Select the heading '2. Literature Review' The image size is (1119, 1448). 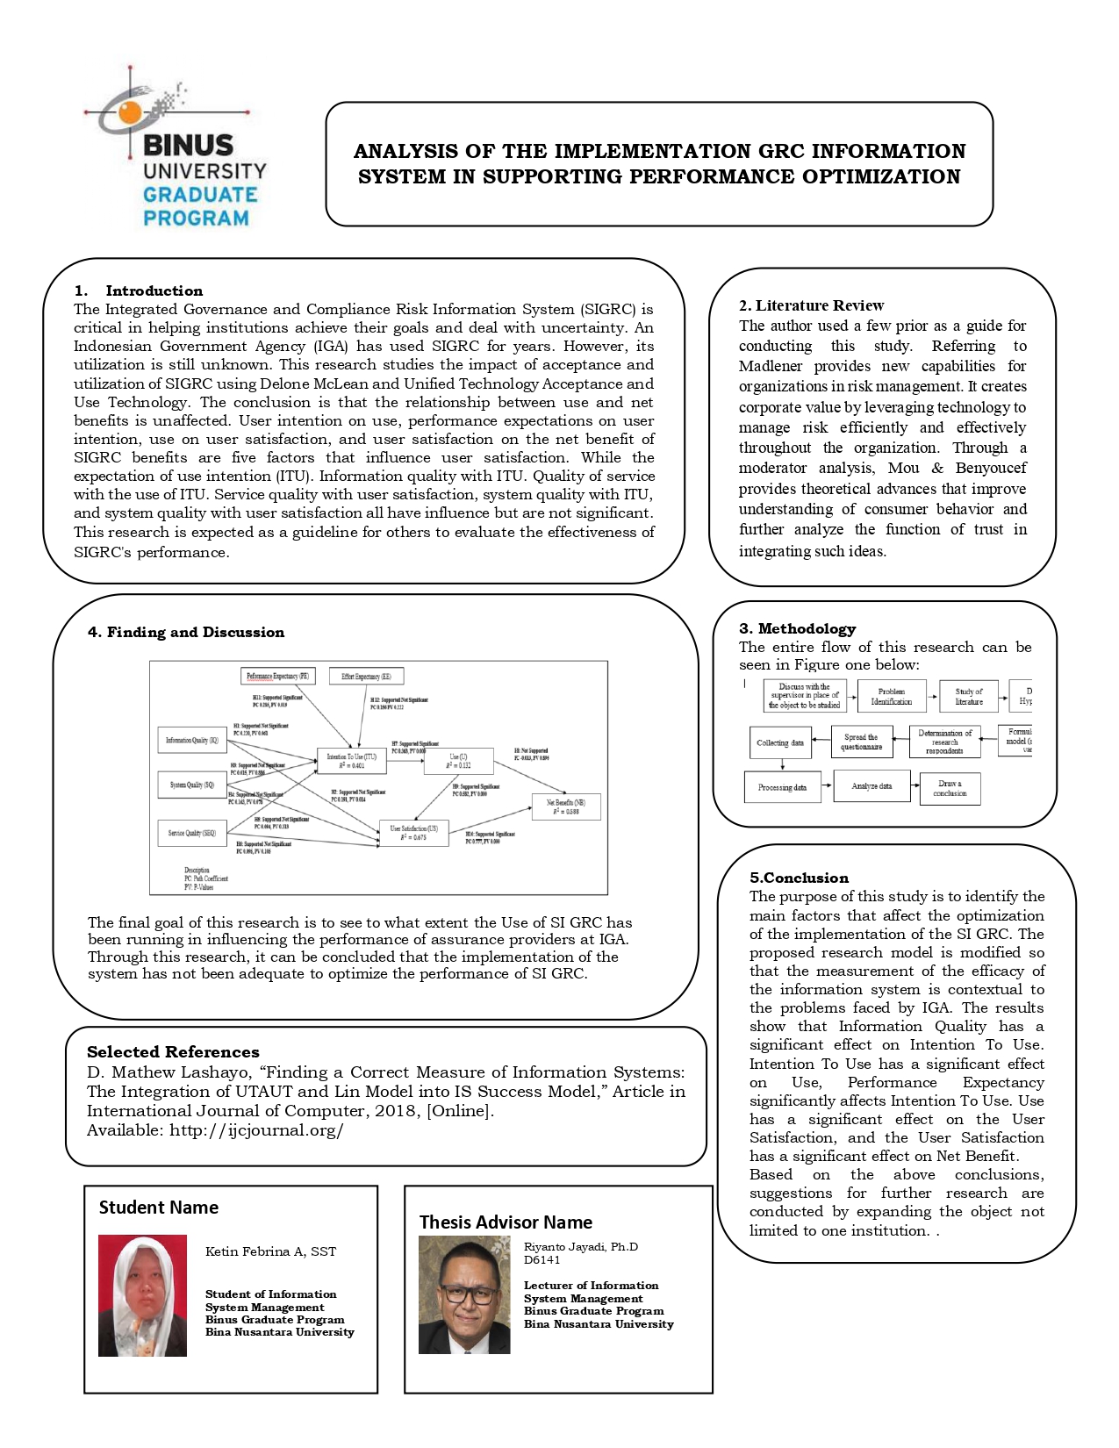pyautogui.click(x=811, y=305)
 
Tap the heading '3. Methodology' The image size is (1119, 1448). pyautogui.click(x=797, y=628)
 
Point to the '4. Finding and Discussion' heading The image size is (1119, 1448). pyautogui.click(x=186, y=632)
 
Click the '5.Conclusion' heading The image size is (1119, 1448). pyautogui.click(x=799, y=878)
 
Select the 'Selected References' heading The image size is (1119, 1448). pyautogui.click(x=173, y=1051)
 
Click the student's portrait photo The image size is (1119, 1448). pyautogui.click(x=142, y=1295)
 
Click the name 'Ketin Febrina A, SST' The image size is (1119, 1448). pyautogui.click(x=270, y=1251)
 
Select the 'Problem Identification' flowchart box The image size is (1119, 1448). pyautogui.click(x=891, y=697)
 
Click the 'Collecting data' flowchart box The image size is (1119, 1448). pyautogui.click(x=779, y=742)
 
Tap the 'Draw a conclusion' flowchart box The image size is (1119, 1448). pyautogui.click(x=950, y=788)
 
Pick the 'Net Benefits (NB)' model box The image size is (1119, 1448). pyautogui.click(x=566, y=806)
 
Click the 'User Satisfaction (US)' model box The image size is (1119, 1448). pyautogui.click(x=413, y=833)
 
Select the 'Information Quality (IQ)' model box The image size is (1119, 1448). pyautogui.click(x=191, y=741)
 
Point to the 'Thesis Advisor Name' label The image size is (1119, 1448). pyautogui.click(x=506, y=1222)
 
